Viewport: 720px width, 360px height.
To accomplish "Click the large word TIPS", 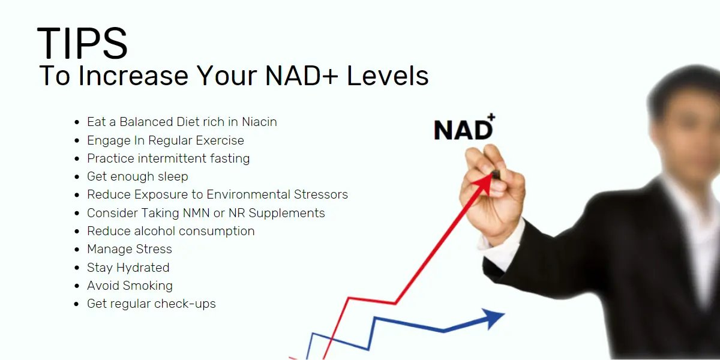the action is click(x=82, y=43).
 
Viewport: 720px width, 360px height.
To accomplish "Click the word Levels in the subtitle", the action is click(x=388, y=76).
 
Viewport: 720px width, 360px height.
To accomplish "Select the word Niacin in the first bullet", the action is click(x=259, y=122).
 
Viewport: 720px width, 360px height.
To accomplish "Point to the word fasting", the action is click(x=230, y=158).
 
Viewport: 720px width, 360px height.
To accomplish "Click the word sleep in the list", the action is click(x=173, y=177).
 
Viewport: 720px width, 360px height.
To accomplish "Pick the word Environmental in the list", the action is click(x=248, y=194).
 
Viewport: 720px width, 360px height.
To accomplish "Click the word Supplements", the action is click(x=287, y=214).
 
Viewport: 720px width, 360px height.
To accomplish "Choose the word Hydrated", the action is click(x=143, y=268).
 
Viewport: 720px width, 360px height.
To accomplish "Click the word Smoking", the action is click(x=148, y=286).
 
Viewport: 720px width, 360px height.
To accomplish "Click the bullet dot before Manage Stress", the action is click(x=77, y=250).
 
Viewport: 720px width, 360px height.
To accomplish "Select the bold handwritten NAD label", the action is click(x=463, y=130).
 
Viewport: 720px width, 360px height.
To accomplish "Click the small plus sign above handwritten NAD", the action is click(x=491, y=117).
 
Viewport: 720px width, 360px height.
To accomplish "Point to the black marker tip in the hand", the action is click(x=496, y=175).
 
